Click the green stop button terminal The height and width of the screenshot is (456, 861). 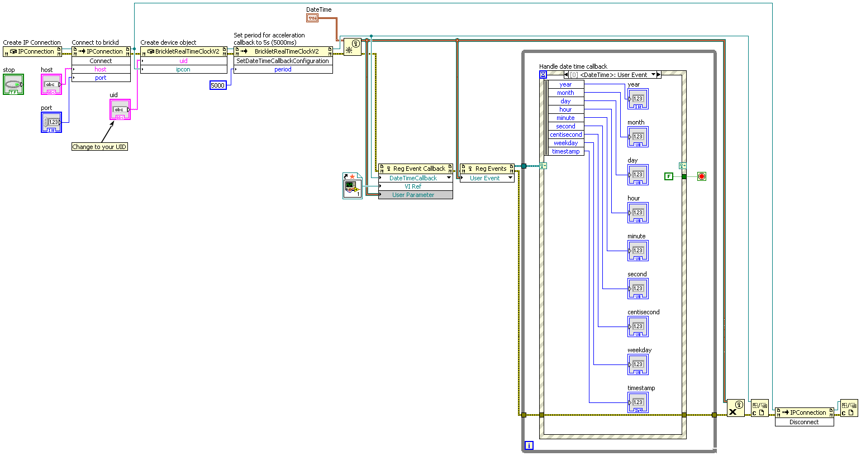pyautogui.click(x=13, y=84)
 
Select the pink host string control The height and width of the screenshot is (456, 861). pyautogui.click(x=51, y=84)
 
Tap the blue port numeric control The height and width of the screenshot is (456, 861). pyautogui.click(x=51, y=122)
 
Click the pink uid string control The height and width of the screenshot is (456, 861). pyautogui.click(x=120, y=110)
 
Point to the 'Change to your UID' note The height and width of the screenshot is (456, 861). pyautogui.click(x=99, y=147)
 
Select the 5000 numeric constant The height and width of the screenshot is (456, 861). pyautogui.click(x=218, y=85)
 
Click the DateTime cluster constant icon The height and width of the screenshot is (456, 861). pyautogui.click(x=312, y=18)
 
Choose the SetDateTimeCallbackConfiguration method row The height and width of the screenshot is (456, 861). pyautogui.click(x=283, y=61)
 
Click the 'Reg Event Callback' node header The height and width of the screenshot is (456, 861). pyautogui.click(x=416, y=169)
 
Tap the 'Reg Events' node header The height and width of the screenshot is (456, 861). pyautogui.click(x=487, y=169)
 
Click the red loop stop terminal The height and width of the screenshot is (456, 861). pyautogui.click(x=702, y=176)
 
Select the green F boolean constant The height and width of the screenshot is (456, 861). pyautogui.click(x=669, y=176)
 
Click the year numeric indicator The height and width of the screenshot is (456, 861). pyautogui.click(x=638, y=99)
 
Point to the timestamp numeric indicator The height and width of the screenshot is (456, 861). pyautogui.click(x=638, y=402)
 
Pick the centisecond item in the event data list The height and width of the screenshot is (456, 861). pyautogui.click(x=566, y=135)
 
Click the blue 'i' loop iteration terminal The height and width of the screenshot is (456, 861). pyautogui.click(x=529, y=445)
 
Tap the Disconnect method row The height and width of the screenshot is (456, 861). pyautogui.click(x=804, y=422)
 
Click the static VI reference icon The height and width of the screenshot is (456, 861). pyautogui.click(x=352, y=186)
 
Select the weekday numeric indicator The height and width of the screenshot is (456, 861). pyautogui.click(x=638, y=364)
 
